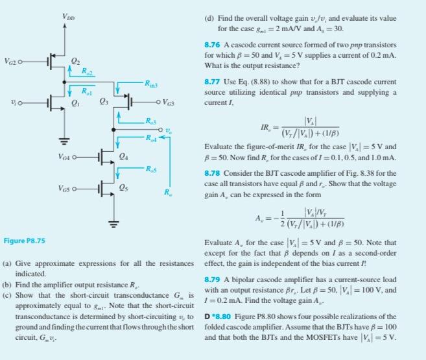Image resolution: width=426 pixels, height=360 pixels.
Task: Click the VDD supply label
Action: tap(67, 16)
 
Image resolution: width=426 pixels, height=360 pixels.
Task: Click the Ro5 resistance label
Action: tap(150, 170)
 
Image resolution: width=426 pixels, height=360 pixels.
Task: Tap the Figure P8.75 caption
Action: tap(24, 241)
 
